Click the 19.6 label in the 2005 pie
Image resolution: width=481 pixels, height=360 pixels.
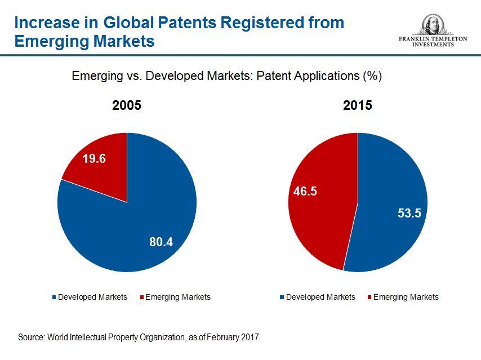point(94,159)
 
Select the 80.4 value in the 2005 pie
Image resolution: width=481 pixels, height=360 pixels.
point(161,242)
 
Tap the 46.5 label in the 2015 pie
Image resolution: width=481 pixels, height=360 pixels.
point(305,192)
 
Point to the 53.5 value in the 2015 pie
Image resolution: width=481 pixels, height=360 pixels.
point(409,214)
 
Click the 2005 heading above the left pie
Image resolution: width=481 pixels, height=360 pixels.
point(127,105)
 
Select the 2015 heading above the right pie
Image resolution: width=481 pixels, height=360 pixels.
point(358,105)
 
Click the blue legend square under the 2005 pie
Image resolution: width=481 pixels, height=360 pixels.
point(54,297)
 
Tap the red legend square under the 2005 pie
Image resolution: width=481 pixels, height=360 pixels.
point(141,297)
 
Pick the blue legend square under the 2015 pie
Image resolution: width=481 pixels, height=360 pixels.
point(282,297)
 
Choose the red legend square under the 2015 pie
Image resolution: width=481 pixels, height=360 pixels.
point(369,297)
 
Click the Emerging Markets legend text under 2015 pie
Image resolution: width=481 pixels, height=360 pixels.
point(406,297)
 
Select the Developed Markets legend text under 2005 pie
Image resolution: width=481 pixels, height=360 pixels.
point(92,297)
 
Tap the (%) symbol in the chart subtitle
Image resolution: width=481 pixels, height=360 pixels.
point(372,75)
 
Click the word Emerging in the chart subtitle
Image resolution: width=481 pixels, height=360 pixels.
point(93,76)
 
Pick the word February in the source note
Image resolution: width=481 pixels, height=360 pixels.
point(222,337)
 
